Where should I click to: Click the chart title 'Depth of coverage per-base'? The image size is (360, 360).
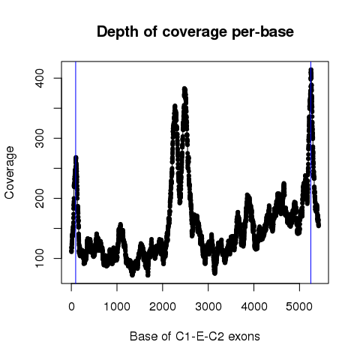[x=195, y=31]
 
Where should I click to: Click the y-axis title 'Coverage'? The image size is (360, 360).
[x=10, y=172]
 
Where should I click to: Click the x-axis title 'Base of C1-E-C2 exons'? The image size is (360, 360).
[x=195, y=336]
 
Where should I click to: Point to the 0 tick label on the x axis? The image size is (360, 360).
[x=71, y=307]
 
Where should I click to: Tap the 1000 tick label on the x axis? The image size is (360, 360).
[x=117, y=307]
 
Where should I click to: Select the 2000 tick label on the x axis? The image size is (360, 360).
[x=163, y=307]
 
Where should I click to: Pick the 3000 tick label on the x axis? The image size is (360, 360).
[x=208, y=307]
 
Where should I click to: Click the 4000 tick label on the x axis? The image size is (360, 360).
[x=254, y=307]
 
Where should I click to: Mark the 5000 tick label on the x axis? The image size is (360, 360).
[x=299, y=307]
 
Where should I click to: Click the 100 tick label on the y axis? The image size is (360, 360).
[x=40, y=258]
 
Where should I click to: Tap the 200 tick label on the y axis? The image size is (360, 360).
[x=40, y=198]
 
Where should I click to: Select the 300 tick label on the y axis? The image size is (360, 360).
[x=40, y=138]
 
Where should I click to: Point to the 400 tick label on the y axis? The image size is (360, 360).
[x=40, y=78]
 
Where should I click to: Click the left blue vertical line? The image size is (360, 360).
[x=76, y=172]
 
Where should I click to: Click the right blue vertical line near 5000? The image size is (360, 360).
[x=310, y=172]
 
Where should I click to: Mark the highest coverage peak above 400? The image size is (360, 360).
[x=311, y=70]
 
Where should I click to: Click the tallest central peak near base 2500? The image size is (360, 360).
[x=184, y=88]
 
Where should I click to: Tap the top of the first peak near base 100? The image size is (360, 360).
[x=76, y=157]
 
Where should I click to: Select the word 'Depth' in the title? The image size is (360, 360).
[x=118, y=32]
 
